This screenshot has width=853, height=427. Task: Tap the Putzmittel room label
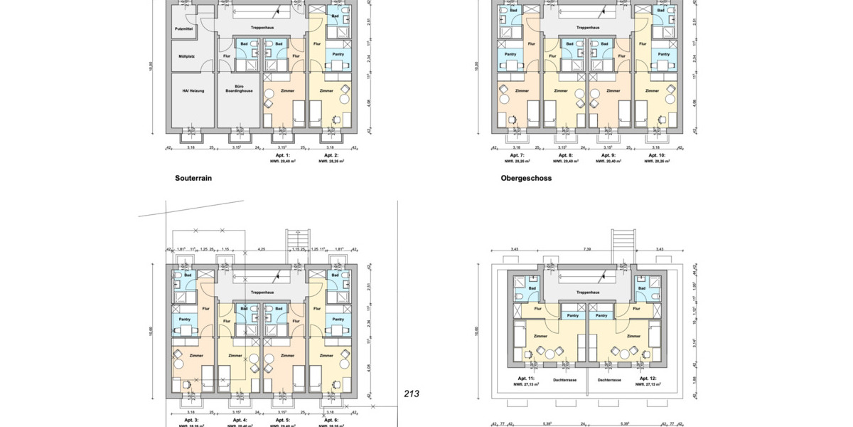183,28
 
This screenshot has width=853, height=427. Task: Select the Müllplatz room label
183,56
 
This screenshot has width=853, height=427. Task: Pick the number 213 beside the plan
412,393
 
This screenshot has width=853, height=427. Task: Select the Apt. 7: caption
517,155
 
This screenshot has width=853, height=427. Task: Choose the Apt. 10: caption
655,155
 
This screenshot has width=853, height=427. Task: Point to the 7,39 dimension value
587,249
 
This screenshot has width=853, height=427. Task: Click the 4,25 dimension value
262,249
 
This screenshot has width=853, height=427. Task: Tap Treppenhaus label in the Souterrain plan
262,28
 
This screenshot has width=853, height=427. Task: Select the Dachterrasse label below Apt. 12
609,380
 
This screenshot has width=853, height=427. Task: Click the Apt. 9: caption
608,155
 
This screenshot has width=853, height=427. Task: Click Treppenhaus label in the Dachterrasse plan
587,292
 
